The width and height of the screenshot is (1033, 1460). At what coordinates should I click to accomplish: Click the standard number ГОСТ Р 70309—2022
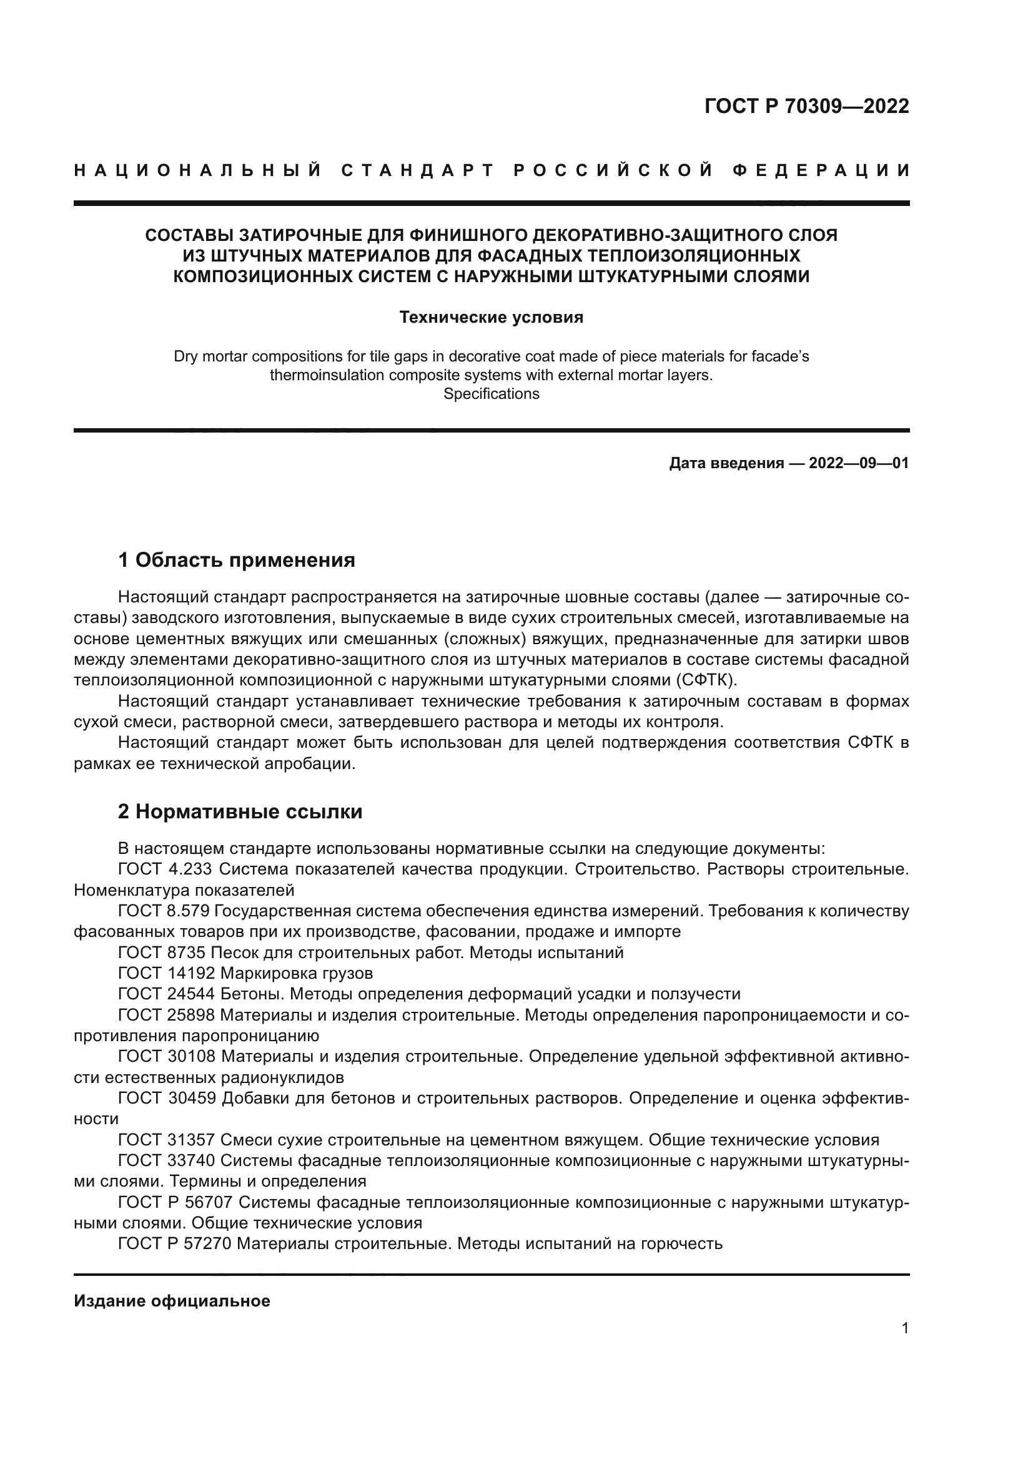click(806, 106)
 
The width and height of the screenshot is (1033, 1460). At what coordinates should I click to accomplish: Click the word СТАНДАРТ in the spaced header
click(418, 170)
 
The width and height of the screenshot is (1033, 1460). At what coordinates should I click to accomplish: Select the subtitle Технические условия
click(491, 317)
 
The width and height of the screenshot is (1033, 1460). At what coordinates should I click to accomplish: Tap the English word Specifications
click(491, 394)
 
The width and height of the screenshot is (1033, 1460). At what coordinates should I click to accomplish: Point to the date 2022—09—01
click(859, 463)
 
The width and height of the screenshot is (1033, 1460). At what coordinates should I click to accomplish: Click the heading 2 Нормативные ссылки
click(240, 812)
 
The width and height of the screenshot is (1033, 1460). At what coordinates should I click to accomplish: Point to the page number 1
click(905, 1328)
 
